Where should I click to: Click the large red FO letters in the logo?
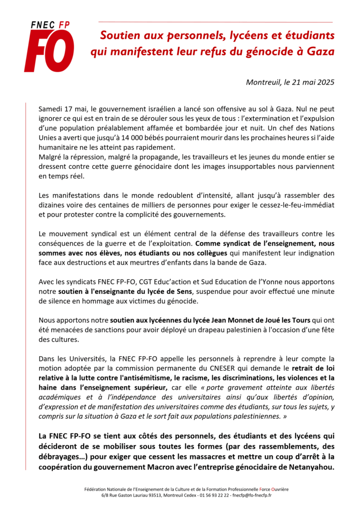(x=49, y=51)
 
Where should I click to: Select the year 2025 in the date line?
(x=324, y=82)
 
